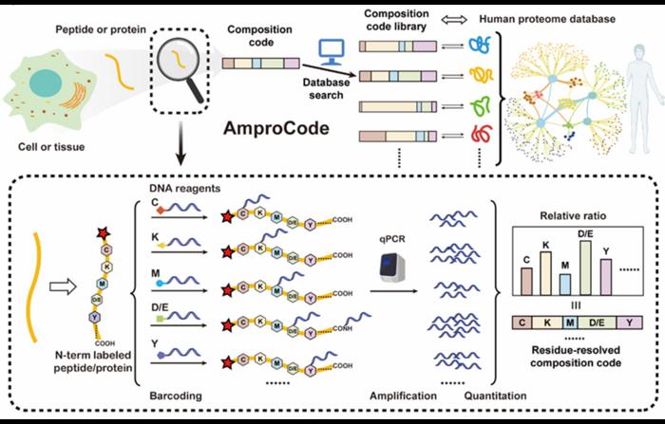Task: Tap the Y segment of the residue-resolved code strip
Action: tap(631, 324)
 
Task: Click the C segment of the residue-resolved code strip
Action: tap(522, 324)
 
